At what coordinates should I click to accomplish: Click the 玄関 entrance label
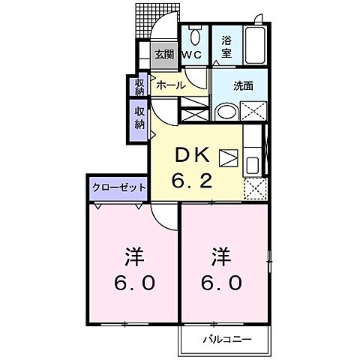[x=163, y=54]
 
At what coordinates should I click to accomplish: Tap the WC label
[x=193, y=55]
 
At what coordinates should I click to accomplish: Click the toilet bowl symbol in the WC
[x=195, y=34]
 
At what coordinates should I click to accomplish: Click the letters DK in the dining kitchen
[x=192, y=154]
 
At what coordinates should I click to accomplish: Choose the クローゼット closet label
[x=118, y=187]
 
